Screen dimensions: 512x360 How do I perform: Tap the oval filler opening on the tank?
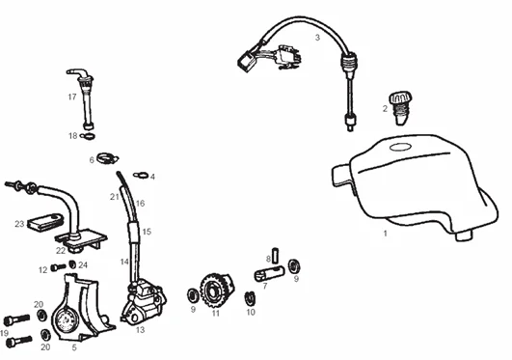pos(400,147)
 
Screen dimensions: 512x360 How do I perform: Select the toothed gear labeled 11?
pos(217,291)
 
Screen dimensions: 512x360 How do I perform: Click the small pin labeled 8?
pos(275,255)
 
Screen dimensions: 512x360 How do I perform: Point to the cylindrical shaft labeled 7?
pos(269,273)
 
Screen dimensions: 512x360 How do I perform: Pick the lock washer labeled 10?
pos(250,298)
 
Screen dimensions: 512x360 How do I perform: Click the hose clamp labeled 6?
pos(107,159)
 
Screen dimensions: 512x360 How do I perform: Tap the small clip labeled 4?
pos(142,175)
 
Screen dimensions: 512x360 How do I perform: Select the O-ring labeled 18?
pos(87,136)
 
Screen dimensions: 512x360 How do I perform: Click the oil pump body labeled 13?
pos(143,302)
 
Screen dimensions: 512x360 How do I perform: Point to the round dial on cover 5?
pos(66,320)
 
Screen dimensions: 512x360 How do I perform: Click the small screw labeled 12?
pos(58,267)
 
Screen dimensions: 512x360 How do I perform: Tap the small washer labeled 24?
pos(72,264)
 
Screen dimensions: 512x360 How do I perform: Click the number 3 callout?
pos(317,38)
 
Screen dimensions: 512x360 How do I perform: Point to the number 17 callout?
pos(72,97)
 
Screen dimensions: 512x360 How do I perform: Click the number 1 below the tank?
pos(386,234)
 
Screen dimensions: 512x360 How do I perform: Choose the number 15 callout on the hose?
pos(147,232)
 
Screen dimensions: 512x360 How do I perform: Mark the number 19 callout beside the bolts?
pos(4,333)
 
